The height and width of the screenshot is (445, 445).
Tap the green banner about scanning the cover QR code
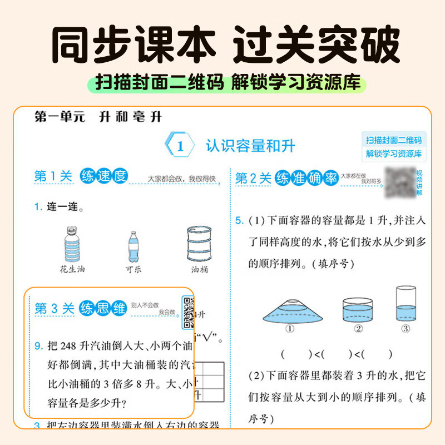[222, 83]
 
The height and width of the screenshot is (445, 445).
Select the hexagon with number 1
[180, 147]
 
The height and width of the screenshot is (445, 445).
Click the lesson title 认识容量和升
[250, 146]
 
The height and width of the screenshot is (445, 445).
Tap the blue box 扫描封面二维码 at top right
[393, 140]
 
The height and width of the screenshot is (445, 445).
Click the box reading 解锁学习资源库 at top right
[393, 154]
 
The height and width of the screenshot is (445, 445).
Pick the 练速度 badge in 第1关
[103, 176]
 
